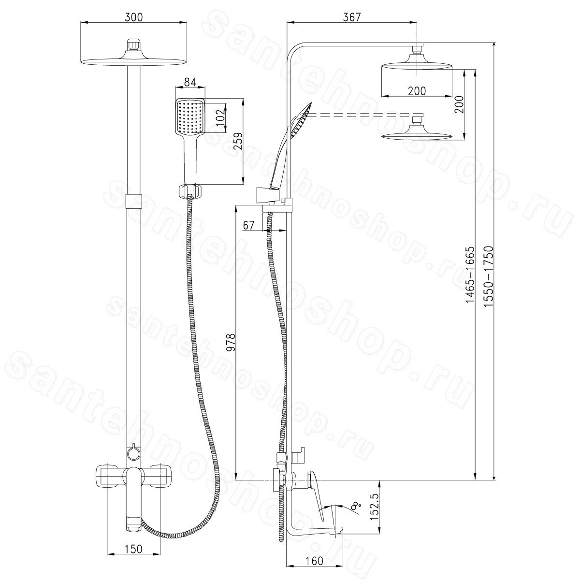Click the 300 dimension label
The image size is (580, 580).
click(x=133, y=17)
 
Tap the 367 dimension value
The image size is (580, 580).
click(x=351, y=17)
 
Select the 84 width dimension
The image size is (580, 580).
click(x=190, y=82)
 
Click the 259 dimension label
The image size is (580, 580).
click(x=238, y=141)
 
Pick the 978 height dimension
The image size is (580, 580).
click(x=231, y=343)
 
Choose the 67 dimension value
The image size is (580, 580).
click(x=248, y=225)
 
